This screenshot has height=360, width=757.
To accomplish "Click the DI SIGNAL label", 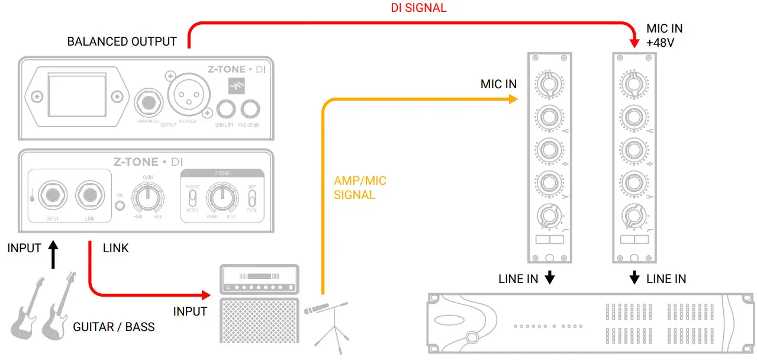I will pyautogui.click(x=418, y=8).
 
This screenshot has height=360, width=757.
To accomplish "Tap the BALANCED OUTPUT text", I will pyautogui.click(x=122, y=41).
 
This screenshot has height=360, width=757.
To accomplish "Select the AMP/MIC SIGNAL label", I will pyautogui.click(x=360, y=187).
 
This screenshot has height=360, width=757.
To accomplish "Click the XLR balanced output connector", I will pyautogui.click(x=189, y=97).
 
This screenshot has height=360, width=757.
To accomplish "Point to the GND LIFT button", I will pyautogui.click(x=226, y=109).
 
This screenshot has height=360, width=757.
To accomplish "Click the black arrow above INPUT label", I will pyautogui.click(x=53, y=253).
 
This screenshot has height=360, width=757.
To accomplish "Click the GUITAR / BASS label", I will pyautogui.click(x=114, y=326).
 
